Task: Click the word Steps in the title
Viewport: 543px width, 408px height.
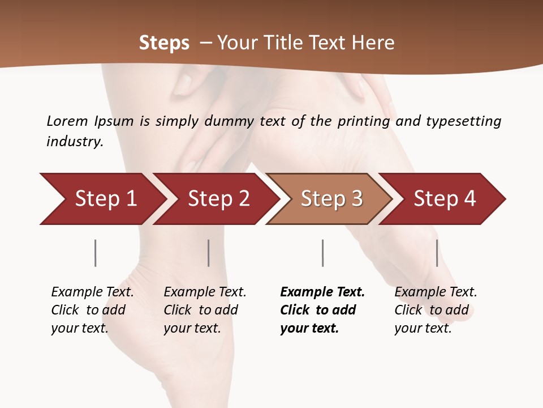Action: pos(164,43)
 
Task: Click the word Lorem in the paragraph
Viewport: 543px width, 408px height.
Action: pos(67,121)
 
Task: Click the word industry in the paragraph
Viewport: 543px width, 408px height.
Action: pos(74,141)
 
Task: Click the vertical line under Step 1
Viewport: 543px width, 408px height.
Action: pos(95,253)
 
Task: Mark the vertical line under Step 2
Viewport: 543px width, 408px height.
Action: pos(209,253)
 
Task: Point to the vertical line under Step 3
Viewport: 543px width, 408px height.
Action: pos(322,253)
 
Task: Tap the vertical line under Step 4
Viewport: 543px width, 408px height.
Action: pos(437,253)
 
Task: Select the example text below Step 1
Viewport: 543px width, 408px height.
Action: pos(92,310)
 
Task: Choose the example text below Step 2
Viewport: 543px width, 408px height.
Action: pos(205,310)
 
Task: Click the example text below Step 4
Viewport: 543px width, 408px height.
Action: pos(436,310)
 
